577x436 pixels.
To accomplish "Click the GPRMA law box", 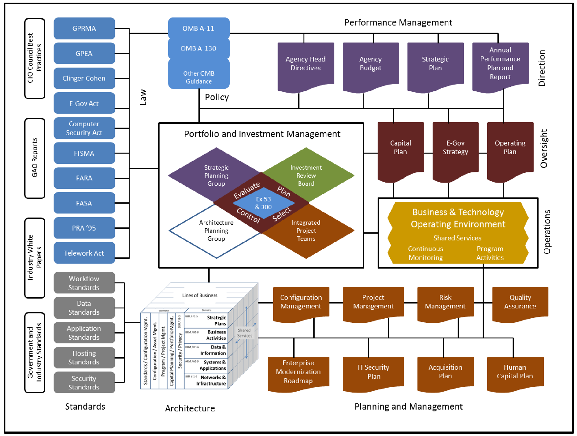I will [x=84, y=29].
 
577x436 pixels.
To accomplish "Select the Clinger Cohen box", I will [x=84, y=78].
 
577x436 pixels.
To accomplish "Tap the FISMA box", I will [x=84, y=153].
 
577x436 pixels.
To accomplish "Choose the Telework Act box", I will [x=84, y=253].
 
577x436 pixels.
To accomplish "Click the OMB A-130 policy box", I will [x=198, y=48].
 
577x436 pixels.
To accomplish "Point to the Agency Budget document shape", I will [x=371, y=64].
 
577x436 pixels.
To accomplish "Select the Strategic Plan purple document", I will [x=435, y=64].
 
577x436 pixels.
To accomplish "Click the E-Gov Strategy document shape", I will [x=455, y=148].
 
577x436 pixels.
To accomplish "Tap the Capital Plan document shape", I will [x=400, y=148].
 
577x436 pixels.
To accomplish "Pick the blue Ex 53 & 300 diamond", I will [x=263, y=203].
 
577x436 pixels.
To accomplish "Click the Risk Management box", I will [x=445, y=302].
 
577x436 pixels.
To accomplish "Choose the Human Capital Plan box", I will [x=515, y=372].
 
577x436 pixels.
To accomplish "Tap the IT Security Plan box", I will [x=373, y=372].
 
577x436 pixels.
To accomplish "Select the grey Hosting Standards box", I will [x=84, y=358].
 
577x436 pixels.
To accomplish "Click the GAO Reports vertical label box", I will [x=35, y=158].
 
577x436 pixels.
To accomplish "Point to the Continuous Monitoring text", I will [x=425, y=253].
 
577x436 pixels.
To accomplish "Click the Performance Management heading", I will [x=398, y=22].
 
